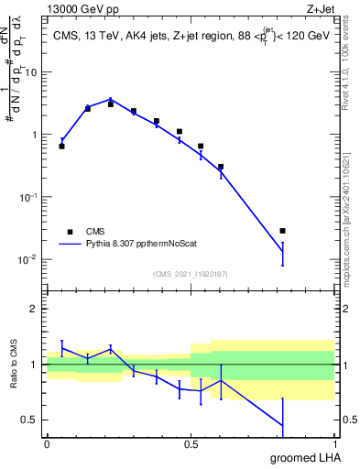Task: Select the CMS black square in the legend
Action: pyautogui.click(x=70, y=232)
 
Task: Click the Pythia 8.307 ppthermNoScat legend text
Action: pyautogui.click(x=137, y=245)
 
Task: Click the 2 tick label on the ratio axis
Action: pyautogui.click(x=34, y=309)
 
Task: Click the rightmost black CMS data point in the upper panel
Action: pyautogui.click(x=283, y=231)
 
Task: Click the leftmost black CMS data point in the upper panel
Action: pyautogui.click(x=61, y=146)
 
